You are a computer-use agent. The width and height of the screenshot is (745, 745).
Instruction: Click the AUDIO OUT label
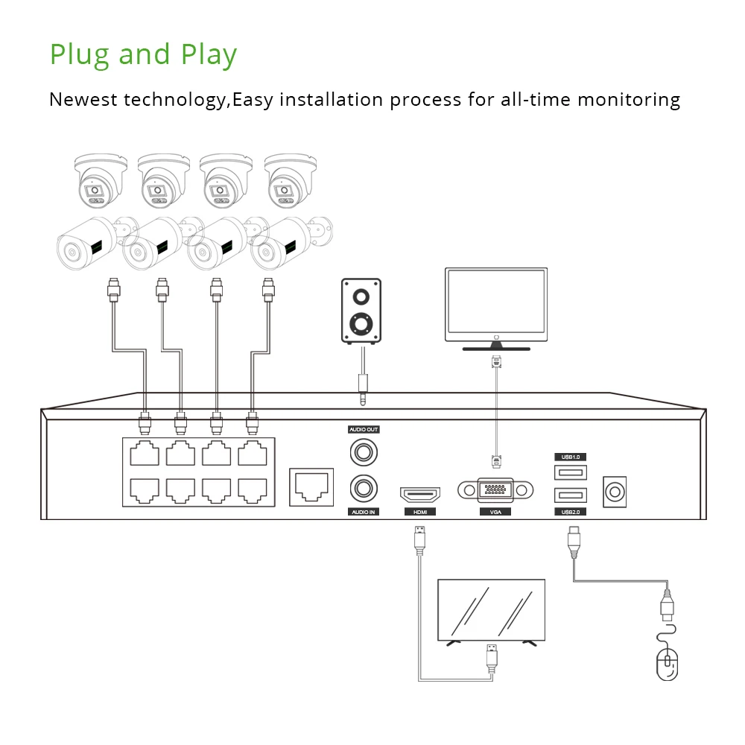tap(364, 430)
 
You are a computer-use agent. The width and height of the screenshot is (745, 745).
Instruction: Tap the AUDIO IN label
tap(363, 512)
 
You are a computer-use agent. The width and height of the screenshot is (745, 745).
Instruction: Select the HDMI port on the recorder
tap(420, 493)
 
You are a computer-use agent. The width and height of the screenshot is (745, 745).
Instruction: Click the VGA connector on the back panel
tap(496, 490)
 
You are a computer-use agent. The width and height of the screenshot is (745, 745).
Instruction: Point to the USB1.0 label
tap(570, 456)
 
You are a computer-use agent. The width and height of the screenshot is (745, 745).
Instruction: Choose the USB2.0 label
tap(570, 512)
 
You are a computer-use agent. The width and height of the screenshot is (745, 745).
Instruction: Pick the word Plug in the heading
tap(80, 55)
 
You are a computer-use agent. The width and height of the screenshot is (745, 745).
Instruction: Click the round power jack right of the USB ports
tap(615, 492)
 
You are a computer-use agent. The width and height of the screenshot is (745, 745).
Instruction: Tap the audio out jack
tap(363, 451)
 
